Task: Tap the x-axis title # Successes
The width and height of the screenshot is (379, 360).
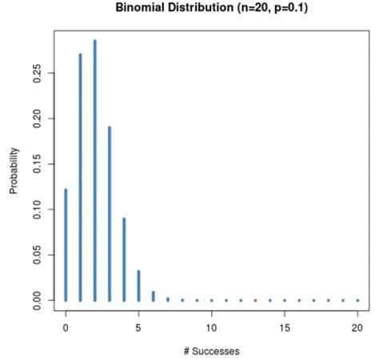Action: click(x=211, y=350)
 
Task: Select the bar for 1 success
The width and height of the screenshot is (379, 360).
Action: click(x=80, y=177)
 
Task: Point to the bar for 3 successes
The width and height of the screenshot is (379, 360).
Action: click(x=110, y=213)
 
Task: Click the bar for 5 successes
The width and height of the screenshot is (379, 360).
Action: click(x=138, y=285)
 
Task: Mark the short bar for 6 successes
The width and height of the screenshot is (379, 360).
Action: click(x=154, y=295)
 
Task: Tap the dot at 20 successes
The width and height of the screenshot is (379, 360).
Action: click(x=357, y=300)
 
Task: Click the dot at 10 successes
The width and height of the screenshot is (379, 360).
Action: click(x=212, y=300)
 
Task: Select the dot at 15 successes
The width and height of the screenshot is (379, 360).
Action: click(x=285, y=300)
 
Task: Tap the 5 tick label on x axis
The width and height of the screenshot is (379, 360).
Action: click(x=138, y=327)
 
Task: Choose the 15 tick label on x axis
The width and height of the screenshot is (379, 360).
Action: click(x=285, y=327)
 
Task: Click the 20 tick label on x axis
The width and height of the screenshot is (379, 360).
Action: click(x=357, y=327)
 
